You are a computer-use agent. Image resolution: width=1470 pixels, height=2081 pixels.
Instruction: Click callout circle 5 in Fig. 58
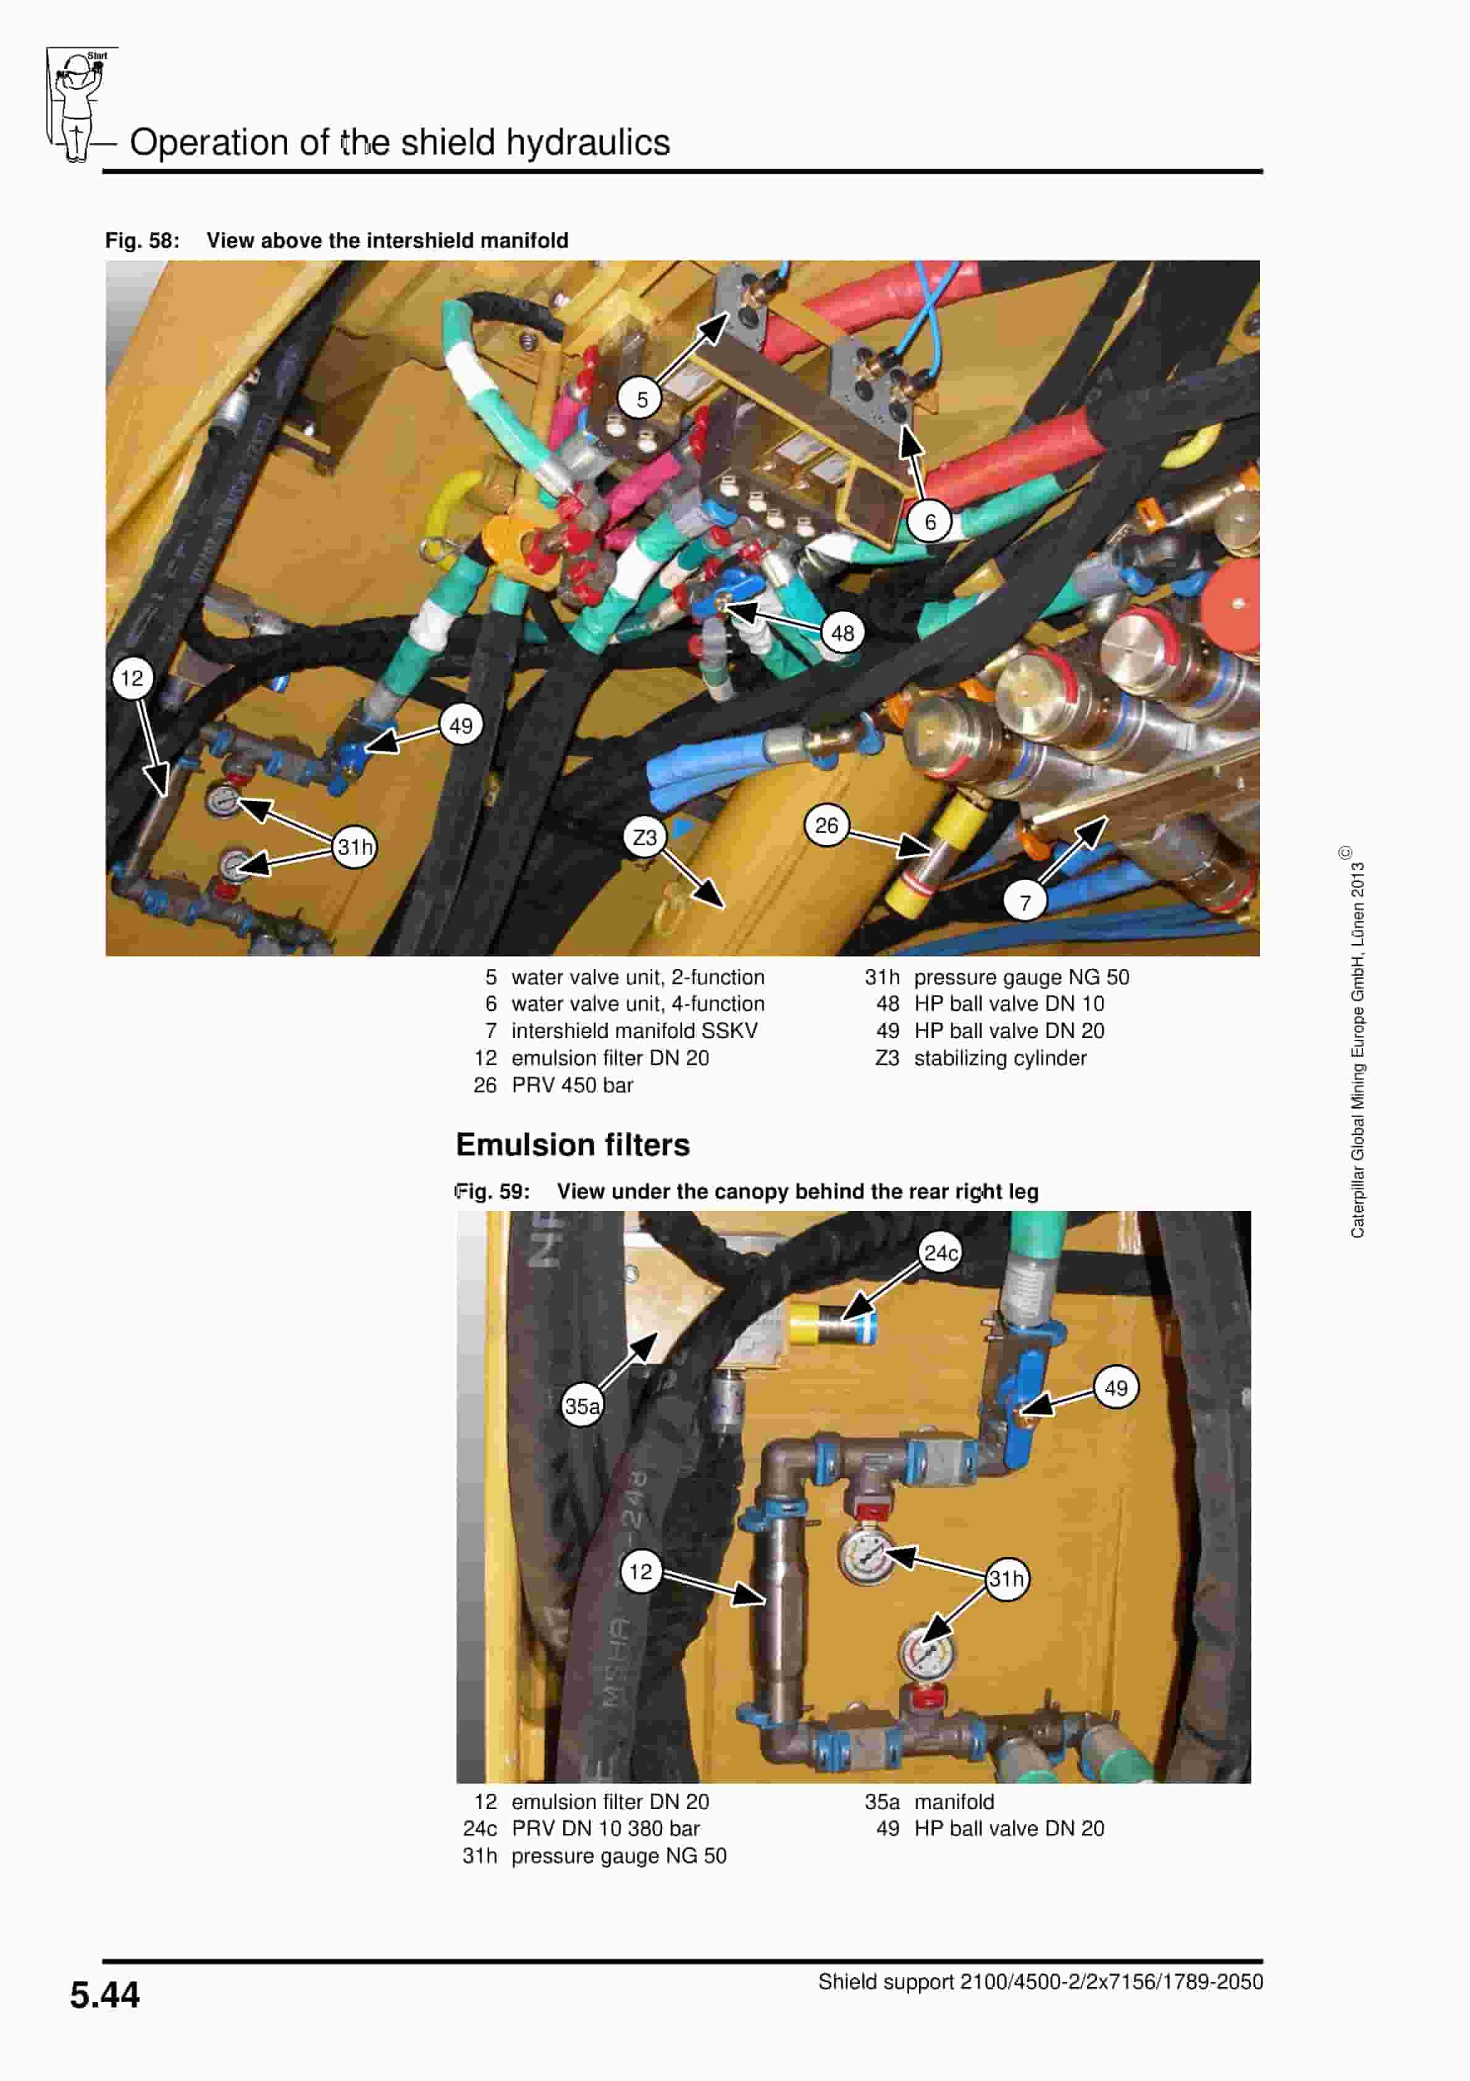coord(642,399)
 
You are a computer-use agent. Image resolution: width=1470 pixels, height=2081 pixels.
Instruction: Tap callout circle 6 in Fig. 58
coord(930,522)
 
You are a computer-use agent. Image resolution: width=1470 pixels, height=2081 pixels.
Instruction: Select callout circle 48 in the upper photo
coord(843,633)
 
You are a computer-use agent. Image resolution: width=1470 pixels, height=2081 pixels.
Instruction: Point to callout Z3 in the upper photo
coord(644,837)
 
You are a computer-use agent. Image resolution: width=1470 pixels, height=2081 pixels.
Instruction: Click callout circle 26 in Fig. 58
coord(826,825)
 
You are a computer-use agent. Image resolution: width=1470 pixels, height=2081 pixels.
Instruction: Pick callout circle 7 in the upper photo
coord(1025,903)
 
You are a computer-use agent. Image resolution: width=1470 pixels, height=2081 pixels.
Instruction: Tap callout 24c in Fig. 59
coord(940,1252)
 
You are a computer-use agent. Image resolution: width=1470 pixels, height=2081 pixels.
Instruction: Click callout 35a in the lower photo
coord(582,1406)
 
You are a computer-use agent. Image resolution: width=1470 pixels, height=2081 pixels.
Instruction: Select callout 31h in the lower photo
coord(1006,1579)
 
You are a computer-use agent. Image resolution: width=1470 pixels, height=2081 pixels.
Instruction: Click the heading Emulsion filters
coord(573,1145)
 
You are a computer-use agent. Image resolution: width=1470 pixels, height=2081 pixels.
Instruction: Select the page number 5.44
coord(105,1995)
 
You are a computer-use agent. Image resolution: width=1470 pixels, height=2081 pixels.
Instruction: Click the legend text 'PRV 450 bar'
coord(572,1085)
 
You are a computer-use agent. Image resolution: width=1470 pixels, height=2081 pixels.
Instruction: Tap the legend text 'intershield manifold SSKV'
coord(634,1031)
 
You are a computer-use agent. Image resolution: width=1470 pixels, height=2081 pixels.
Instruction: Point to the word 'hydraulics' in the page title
coord(587,142)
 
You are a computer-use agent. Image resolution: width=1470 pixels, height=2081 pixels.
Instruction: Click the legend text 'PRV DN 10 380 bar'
coord(605,1828)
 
